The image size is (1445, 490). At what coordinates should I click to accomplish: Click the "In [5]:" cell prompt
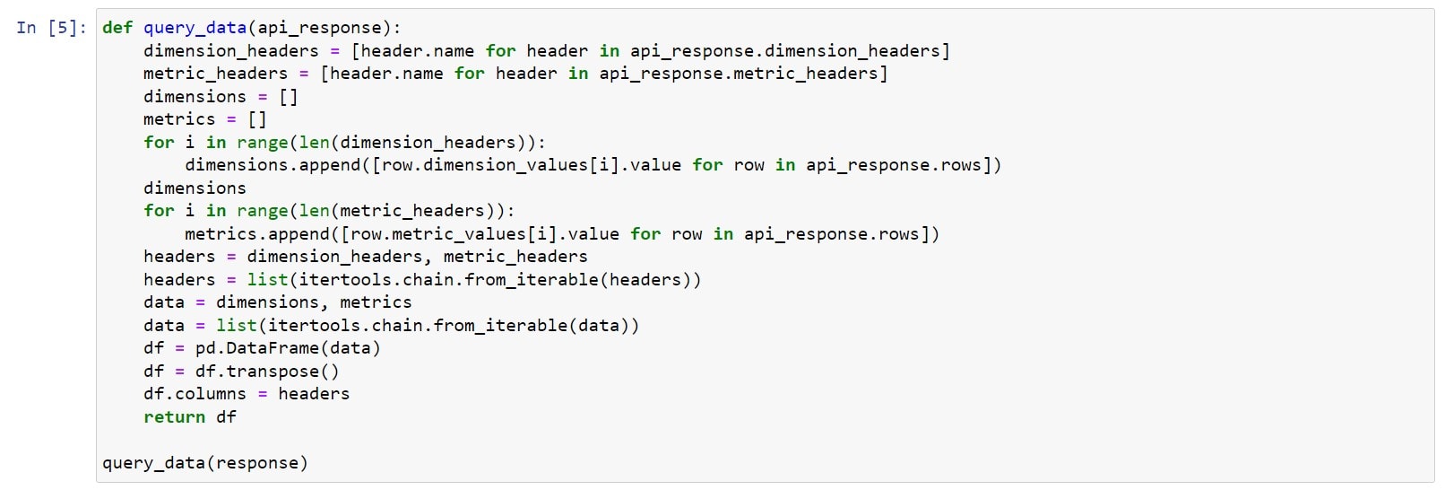(52, 28)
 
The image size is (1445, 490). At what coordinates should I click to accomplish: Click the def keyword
(117, 28)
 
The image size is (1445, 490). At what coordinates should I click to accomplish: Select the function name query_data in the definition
(195, 29)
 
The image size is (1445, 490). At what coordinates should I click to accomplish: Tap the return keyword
(174, 417)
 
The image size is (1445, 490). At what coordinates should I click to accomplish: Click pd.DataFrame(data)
(288, 348)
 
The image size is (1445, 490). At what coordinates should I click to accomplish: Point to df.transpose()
(267, 372)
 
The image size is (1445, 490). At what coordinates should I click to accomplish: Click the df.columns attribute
(195, 394)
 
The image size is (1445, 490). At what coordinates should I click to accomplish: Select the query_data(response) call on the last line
(205, 464)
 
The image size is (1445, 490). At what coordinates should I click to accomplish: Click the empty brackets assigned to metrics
(256, 119)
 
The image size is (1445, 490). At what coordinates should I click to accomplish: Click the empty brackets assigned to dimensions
(289, 97)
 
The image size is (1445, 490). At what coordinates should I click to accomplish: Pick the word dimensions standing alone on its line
(195, 188)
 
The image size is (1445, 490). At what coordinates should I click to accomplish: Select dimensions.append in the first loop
(273, 165)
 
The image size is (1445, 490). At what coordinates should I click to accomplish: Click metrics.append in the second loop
(256, 233)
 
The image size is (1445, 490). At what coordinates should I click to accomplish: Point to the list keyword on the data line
(236, 326)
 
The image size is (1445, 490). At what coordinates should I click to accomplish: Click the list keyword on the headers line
(267, 279)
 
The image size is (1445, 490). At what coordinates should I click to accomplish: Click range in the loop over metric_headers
(262, 211)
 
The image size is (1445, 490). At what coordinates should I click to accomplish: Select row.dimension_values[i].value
(532, 165)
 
